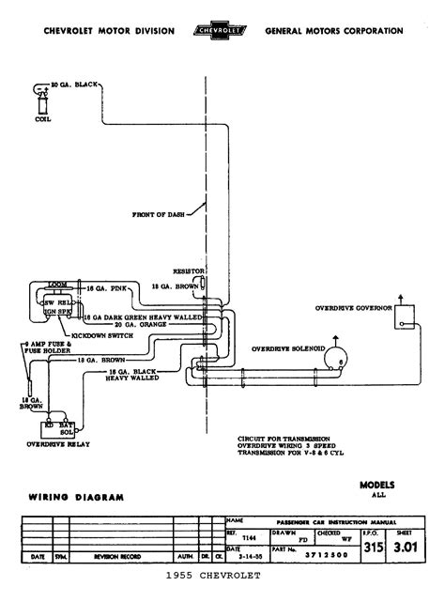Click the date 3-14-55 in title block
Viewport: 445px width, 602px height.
[x=242, y=555]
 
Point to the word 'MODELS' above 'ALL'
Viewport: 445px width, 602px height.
[x=377, y=486]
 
